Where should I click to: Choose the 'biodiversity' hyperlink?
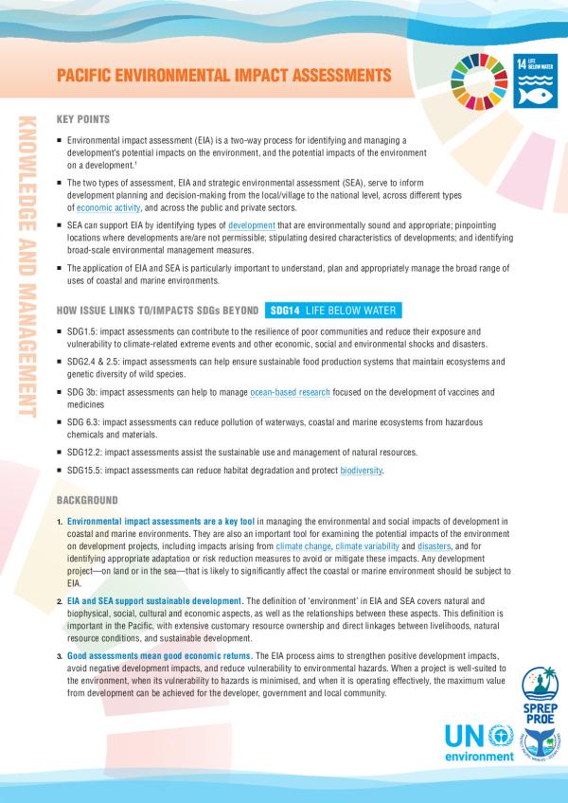pyautogui.click(x=362, y=471)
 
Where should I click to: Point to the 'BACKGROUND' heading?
pyautogui.click(x=87, y=499)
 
